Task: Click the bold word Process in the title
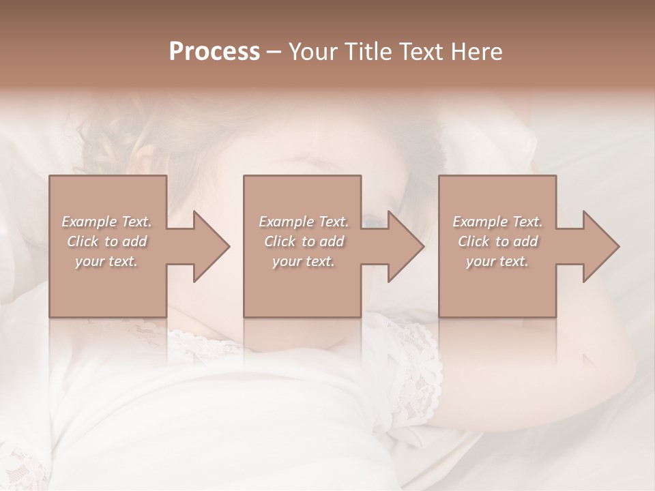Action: (214, 52)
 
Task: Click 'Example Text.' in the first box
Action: (106, 222)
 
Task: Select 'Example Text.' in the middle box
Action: (303, 222)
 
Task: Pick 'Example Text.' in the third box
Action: (497, 222)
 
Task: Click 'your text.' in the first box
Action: (106, 261)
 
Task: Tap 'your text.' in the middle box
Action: (303, 261)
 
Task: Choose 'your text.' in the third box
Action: (497, 261)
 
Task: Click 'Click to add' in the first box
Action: (106, 241)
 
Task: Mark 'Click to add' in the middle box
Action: (303, 241)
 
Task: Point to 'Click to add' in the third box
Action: (497, 241)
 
